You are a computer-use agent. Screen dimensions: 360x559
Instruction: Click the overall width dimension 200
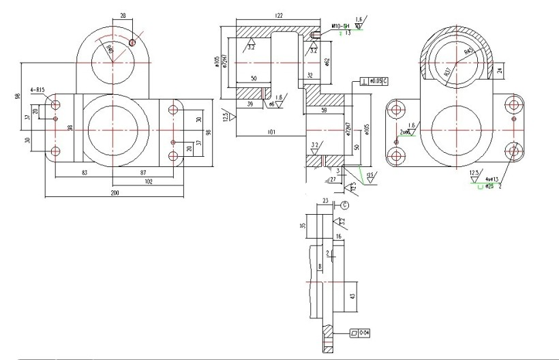pos(114,194)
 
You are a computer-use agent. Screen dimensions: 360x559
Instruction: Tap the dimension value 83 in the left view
pos(85,173)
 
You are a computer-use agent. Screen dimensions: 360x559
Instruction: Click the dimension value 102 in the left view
pos(149,181)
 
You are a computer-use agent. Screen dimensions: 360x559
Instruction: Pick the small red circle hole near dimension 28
pos(132,42)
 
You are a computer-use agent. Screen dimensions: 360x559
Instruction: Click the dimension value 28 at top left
pos(123,14)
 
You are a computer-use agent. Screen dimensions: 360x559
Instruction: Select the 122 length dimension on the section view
pos(279,14)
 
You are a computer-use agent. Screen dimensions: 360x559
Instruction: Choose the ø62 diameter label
pos(328,62)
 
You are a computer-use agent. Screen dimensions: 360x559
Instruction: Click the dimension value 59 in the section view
pos(323,109)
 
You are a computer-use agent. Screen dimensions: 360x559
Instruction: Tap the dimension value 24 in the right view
pos(500,70)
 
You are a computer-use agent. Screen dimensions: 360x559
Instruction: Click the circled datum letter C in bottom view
pos(344,204)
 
